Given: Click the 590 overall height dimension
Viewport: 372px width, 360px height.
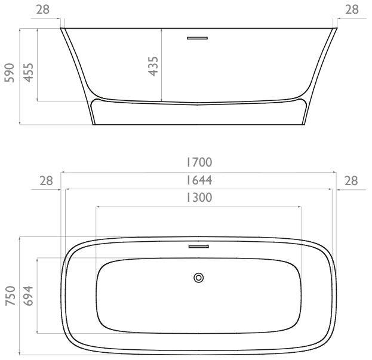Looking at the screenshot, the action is [10, 73].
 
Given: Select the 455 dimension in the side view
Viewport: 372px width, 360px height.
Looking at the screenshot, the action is [29, 72].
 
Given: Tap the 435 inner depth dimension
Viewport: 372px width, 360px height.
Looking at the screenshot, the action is [153, 66].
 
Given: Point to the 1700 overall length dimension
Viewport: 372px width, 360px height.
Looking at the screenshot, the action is [199, 162].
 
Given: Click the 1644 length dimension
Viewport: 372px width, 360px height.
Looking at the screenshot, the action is [199, 180].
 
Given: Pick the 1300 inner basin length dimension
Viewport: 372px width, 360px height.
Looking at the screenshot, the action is [199, 198].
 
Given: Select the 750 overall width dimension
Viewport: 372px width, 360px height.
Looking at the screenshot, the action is [10, 296].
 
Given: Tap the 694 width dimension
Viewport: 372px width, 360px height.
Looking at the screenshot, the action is [28, 296].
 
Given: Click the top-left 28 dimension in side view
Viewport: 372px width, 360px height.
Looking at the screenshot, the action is [43, 10].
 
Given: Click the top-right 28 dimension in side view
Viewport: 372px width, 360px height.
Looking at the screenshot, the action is [352, 10].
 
